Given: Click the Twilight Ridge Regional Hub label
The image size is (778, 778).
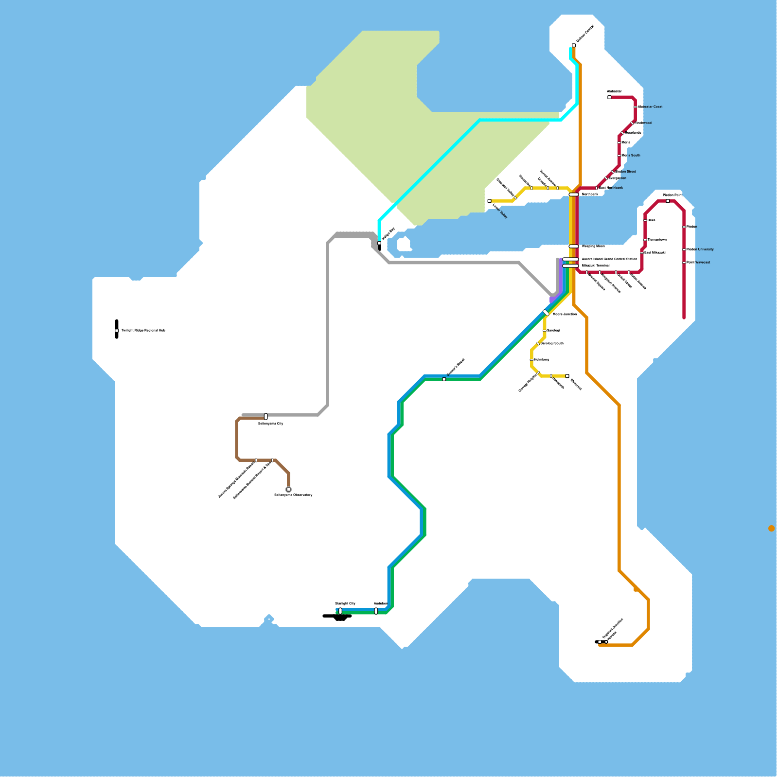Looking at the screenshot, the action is coord(143,331).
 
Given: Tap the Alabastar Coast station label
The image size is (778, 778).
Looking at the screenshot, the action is coord(650,107).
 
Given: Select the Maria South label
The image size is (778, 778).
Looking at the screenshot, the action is coord(631,156).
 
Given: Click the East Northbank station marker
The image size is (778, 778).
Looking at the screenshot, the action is coord(597,188).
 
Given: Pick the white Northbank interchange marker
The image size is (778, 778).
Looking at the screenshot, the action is coord(574,194).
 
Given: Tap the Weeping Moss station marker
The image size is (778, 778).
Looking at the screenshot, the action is coord(574,247).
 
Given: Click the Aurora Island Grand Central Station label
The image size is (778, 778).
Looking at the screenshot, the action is coord(609,259).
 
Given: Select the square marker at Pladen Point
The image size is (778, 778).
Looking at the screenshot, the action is coord(668,201).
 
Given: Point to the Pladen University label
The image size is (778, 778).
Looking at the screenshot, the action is coord(700,249).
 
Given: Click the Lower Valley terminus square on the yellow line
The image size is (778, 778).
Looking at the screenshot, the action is coord(489,201).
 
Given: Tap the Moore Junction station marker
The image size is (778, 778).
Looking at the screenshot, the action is coord(546,313).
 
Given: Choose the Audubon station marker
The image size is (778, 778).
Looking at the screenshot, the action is coord(376,611).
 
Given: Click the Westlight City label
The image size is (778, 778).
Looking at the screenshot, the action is coord(345,604).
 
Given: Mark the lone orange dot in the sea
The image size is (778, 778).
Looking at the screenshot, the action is coord(772,529).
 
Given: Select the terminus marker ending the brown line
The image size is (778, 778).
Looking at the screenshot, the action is coord(288,490).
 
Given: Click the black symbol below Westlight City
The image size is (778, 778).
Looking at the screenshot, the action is coord(340,618).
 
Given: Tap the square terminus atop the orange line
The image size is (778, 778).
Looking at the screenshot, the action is coord(574,45).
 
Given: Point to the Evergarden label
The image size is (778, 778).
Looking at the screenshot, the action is coord(617,178).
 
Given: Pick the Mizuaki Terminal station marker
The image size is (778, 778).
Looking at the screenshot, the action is coord(570,266).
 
